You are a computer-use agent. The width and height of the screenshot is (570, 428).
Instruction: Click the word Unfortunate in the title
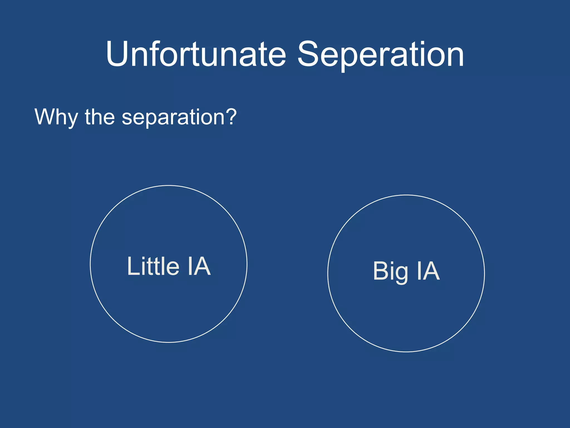(196, 54)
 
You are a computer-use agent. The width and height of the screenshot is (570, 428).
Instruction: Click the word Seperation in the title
(380, 54)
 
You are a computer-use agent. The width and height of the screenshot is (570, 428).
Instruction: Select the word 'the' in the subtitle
(100, 117)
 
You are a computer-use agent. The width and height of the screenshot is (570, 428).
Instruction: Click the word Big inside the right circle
(390, 271)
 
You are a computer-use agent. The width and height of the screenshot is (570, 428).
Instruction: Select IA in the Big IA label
(428, 271)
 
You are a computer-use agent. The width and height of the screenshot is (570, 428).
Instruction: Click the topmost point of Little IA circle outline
(169, 186)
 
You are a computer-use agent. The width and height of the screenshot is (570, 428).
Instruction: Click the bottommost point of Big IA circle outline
(406, 352)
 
